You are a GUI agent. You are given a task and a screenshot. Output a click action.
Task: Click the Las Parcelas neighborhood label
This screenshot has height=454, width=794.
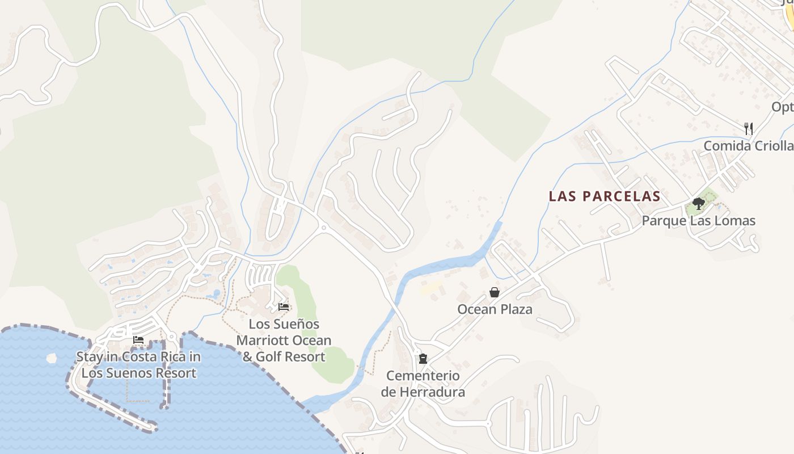[605, 196]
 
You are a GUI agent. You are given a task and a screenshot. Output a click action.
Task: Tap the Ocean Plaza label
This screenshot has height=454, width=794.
[495, 309]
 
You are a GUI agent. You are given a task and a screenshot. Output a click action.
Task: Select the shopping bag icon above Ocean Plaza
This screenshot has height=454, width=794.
[495, 292]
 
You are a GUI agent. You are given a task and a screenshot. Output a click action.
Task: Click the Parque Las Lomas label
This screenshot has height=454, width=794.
[698, 221]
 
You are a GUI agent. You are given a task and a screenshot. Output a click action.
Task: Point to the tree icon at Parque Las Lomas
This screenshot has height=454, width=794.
[698, 204]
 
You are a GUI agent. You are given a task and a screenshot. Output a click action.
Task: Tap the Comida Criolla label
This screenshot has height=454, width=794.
[748, 146]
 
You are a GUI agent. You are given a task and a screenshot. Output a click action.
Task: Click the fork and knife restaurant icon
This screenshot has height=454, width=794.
[749, 129]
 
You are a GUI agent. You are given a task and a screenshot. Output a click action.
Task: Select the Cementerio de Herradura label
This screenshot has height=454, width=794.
[423, 384]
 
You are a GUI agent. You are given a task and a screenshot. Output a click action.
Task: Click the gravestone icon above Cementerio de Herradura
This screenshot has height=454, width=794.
[423, 359]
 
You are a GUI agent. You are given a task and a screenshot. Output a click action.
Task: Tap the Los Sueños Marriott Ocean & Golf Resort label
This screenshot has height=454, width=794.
[284, 340]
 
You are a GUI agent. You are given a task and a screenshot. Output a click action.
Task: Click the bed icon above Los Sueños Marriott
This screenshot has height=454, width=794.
[284, 307]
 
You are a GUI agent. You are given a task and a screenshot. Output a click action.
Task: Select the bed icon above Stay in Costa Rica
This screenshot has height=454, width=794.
[138, 340]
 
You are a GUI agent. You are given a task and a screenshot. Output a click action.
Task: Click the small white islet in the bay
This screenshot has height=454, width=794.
[52, 358]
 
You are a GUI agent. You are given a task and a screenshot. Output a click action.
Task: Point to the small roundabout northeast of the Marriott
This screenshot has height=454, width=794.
[323, 228]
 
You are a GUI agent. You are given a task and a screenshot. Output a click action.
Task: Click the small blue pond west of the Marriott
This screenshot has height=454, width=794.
[216, 294]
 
